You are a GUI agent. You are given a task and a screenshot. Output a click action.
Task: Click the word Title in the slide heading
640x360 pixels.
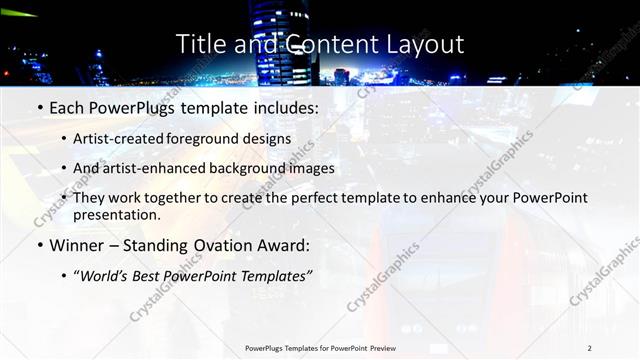(200, 44)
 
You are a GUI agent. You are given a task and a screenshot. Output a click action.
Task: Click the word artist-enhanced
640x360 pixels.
(169, 168)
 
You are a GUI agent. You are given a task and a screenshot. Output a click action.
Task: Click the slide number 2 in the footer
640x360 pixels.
(590, 347)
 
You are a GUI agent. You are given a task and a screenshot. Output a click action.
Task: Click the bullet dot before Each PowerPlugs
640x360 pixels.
(38, 105)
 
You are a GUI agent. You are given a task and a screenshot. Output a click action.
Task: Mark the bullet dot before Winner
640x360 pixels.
(38, 245)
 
